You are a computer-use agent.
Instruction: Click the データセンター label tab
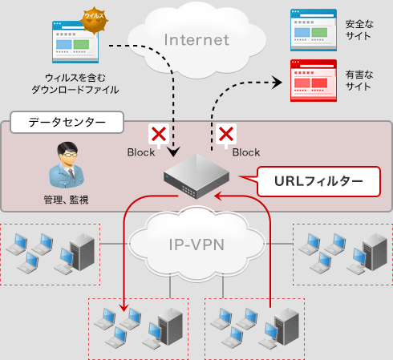(66, 123)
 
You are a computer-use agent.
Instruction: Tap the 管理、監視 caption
(65, 197)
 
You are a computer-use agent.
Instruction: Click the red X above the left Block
(159, 134)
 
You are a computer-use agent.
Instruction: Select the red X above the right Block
(226, 134)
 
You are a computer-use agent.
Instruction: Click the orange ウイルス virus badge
(94, 17)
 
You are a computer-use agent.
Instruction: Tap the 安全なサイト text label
(358, 30)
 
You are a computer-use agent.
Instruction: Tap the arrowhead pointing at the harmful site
(277, 81)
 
